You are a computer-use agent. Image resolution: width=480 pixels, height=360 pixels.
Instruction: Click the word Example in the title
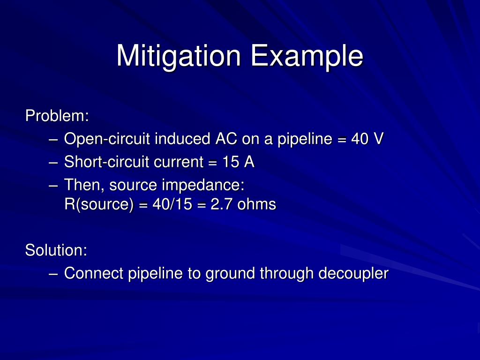point(307,56)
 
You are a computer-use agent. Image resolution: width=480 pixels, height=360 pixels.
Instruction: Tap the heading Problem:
point(57,115)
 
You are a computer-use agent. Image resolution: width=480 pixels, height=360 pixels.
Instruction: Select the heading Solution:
point(56,250)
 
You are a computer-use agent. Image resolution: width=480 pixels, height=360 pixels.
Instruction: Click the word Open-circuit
point(107,139)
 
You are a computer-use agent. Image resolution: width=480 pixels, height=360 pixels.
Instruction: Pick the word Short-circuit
point(106,162)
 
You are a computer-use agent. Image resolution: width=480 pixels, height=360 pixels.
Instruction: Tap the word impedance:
point(203,185)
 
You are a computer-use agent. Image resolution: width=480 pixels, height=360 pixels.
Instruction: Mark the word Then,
point(84,185)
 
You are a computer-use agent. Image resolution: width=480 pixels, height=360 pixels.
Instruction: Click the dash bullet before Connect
point(53,273)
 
